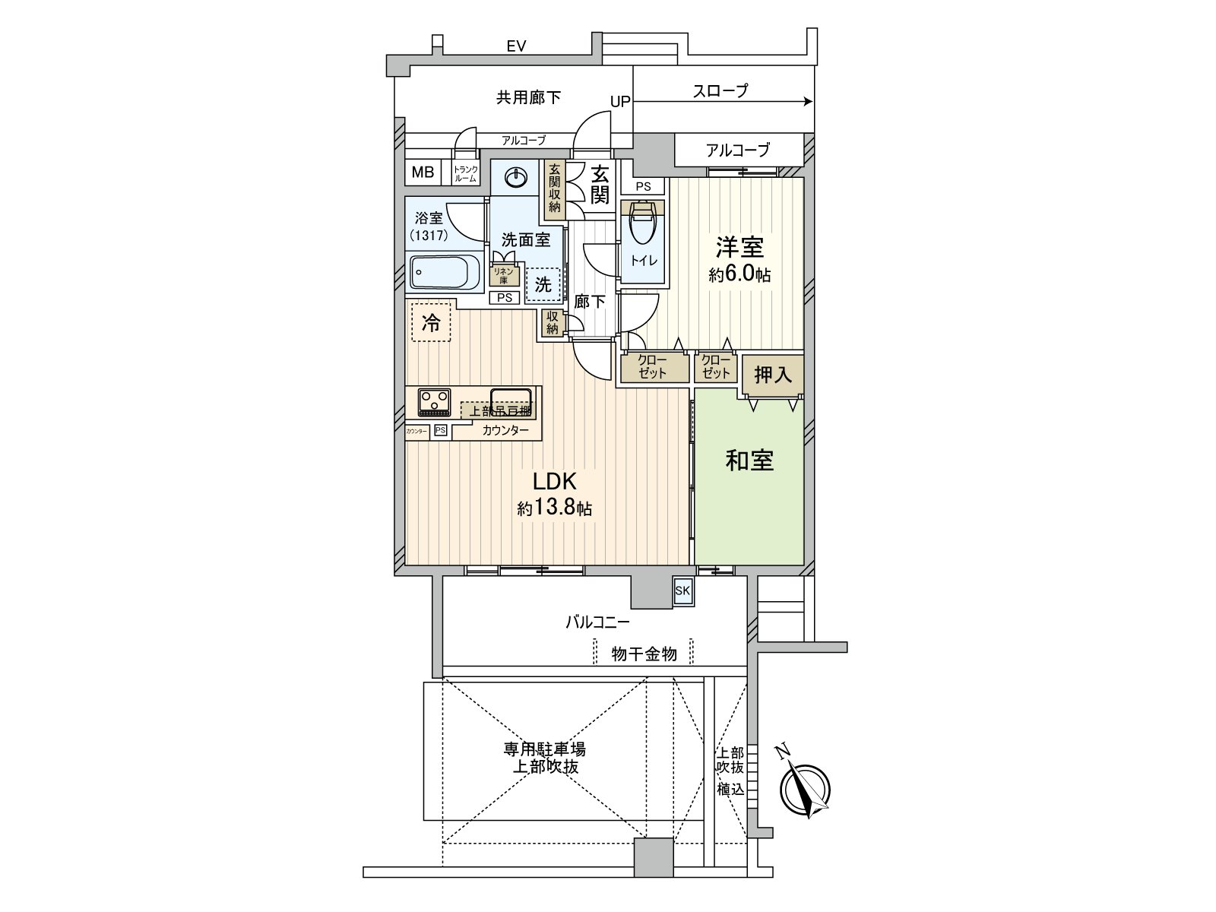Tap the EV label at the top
pos(516,46)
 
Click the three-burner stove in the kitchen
pos(434,401)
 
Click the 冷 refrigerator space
pos(431,323)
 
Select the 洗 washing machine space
pos(543,284)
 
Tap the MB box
pos(423,173)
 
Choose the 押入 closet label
pos(773,375)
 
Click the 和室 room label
pos(749,461)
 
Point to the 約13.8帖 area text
pos(554,508)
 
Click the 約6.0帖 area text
pos(739,275)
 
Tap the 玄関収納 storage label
pos(555,189)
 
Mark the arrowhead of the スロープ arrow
pos(809,102)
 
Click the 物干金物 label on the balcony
pos(644,654)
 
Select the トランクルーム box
pos(465,173)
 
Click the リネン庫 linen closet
pos(503,274)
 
